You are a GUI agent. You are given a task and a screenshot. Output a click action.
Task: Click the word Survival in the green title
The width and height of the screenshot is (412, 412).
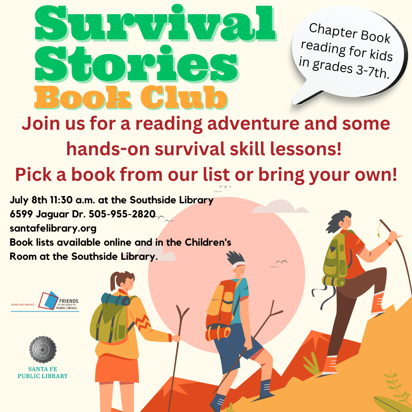click(x=154, y=25)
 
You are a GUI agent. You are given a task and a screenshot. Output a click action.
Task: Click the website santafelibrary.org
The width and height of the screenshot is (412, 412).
click(x=53, y=228)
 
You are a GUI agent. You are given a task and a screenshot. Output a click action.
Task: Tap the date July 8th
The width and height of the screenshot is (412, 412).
click(x=27, y=200)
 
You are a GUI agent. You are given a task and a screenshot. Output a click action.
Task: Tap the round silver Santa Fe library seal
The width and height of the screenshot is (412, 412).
click(x=43, y=349)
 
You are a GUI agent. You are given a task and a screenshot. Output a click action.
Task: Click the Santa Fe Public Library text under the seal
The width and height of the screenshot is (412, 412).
click(x=43, y=373)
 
